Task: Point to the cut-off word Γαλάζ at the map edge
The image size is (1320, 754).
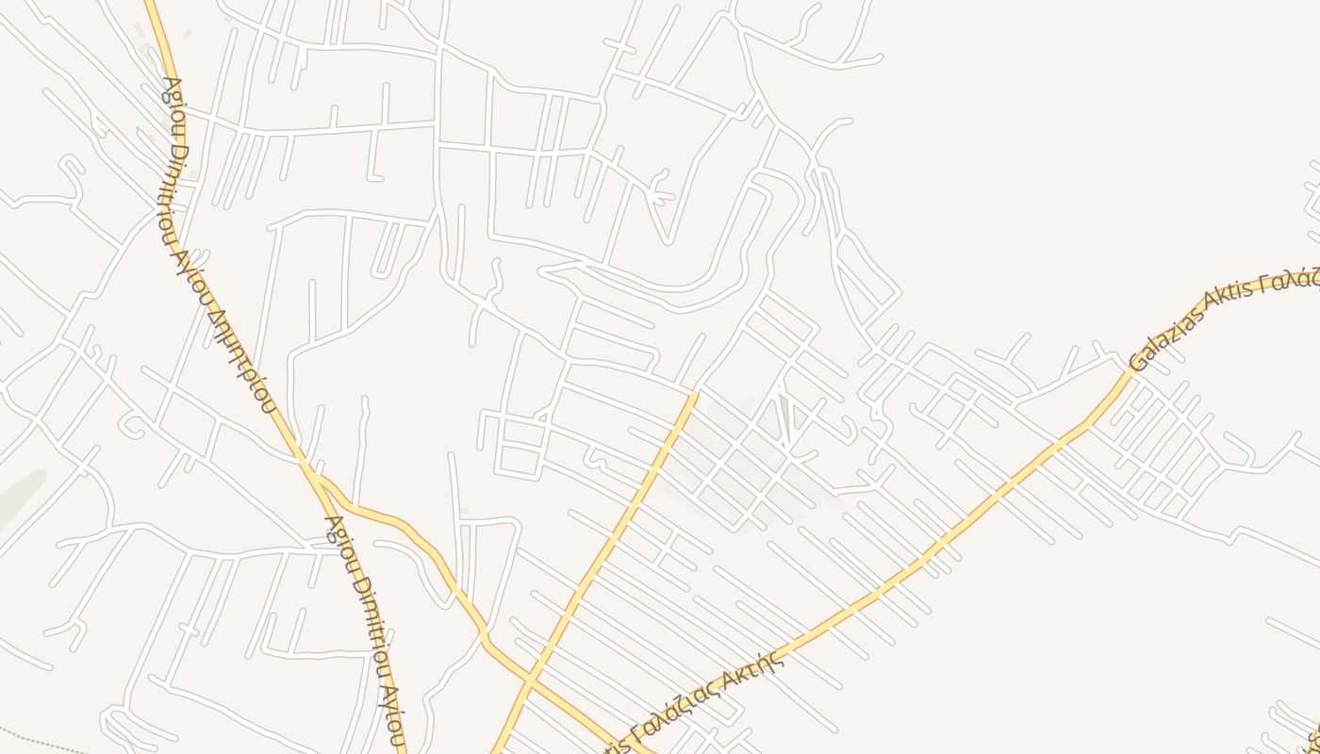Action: tap(1294, 278)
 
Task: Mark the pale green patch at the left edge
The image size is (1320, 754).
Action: tap(19, 495)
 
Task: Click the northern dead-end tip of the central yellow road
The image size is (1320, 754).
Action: tap(695, 395)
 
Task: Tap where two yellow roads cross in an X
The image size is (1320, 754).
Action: tap(529, 678)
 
